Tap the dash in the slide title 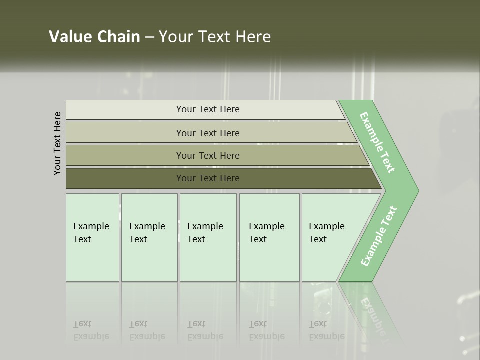click(x=149, y=37)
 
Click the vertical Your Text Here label click(x=57, y=143)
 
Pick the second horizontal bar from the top click(x=208, y=133)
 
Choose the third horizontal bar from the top click(x=208, y=155)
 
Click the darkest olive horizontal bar click(x=208, y=178)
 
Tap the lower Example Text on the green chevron click(x=379, y=236)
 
